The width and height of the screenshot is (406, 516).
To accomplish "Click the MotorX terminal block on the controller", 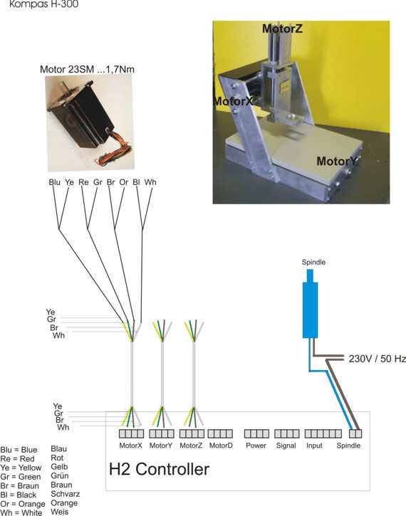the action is [131, 433].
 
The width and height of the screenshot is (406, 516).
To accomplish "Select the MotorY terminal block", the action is [162, 433].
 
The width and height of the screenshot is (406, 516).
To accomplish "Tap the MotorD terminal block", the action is [220, 433].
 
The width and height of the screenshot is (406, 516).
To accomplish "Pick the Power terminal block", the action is [256, 433].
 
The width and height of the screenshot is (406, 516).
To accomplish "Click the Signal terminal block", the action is [287, 433].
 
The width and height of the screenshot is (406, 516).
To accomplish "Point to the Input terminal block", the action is [323, 433].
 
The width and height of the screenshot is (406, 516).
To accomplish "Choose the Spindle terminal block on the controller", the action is [355, 433].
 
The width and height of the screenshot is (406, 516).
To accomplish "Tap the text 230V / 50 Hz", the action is [378, 359].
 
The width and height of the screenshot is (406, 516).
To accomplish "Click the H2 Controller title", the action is [159, 469].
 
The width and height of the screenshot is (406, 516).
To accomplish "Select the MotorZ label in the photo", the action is [282, 28].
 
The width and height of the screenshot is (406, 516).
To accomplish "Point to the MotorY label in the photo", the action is [337, 162].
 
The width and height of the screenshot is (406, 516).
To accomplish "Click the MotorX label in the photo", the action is [234, 100].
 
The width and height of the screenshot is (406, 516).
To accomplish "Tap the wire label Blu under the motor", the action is [54, 182].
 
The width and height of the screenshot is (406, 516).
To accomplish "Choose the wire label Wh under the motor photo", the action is [150, 182].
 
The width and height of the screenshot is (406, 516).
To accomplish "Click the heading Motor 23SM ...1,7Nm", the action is [88, 69].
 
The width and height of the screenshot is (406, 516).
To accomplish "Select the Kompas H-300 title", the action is [43, 4].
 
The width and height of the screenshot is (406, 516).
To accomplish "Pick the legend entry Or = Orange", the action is [23, 504].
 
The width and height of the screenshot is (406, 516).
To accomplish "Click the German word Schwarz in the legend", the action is [66, 494].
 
